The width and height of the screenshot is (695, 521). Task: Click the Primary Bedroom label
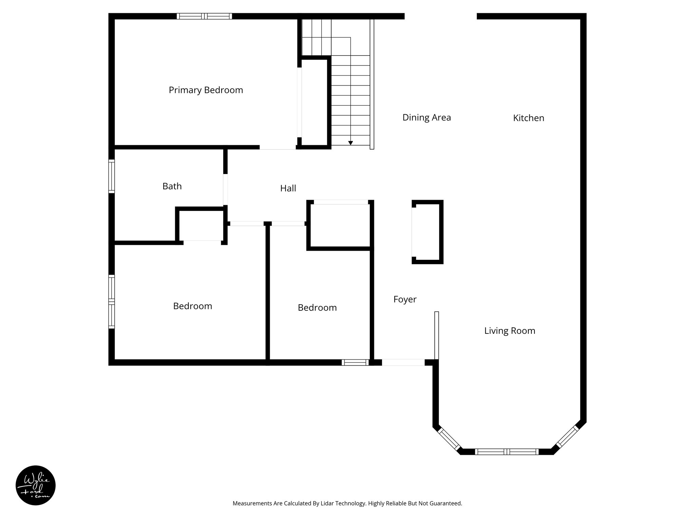(x=206, y=90)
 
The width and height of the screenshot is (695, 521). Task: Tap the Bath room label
(x=172, y=186)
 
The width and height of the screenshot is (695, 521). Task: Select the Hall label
(x=288, y=188)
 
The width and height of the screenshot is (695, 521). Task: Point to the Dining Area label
(x=426, y=118)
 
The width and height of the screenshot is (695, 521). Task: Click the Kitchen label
(x=528, y=118)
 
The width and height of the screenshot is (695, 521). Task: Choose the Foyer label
(x=405, y=300)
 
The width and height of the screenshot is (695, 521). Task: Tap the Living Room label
(x=509, y=331)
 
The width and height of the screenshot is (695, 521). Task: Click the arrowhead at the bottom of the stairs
(x=350, y=143)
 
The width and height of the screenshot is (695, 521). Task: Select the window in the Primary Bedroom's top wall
(x=204, y=16)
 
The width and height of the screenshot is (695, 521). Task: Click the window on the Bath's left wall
(x=111, y=176)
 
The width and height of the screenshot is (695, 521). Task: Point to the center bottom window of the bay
(x=506, y=451)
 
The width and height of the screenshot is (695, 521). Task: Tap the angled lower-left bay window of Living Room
(x=449, y=440)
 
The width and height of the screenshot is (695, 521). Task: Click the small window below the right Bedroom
(x=355, y=362)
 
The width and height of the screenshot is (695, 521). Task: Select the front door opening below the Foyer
(x=403, y=362)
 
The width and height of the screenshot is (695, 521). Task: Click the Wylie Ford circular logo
(x=36, y=485)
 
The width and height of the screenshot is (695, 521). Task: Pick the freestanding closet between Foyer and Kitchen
(x=427, y=232)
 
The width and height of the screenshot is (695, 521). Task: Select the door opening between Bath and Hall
(x=225, y=190)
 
